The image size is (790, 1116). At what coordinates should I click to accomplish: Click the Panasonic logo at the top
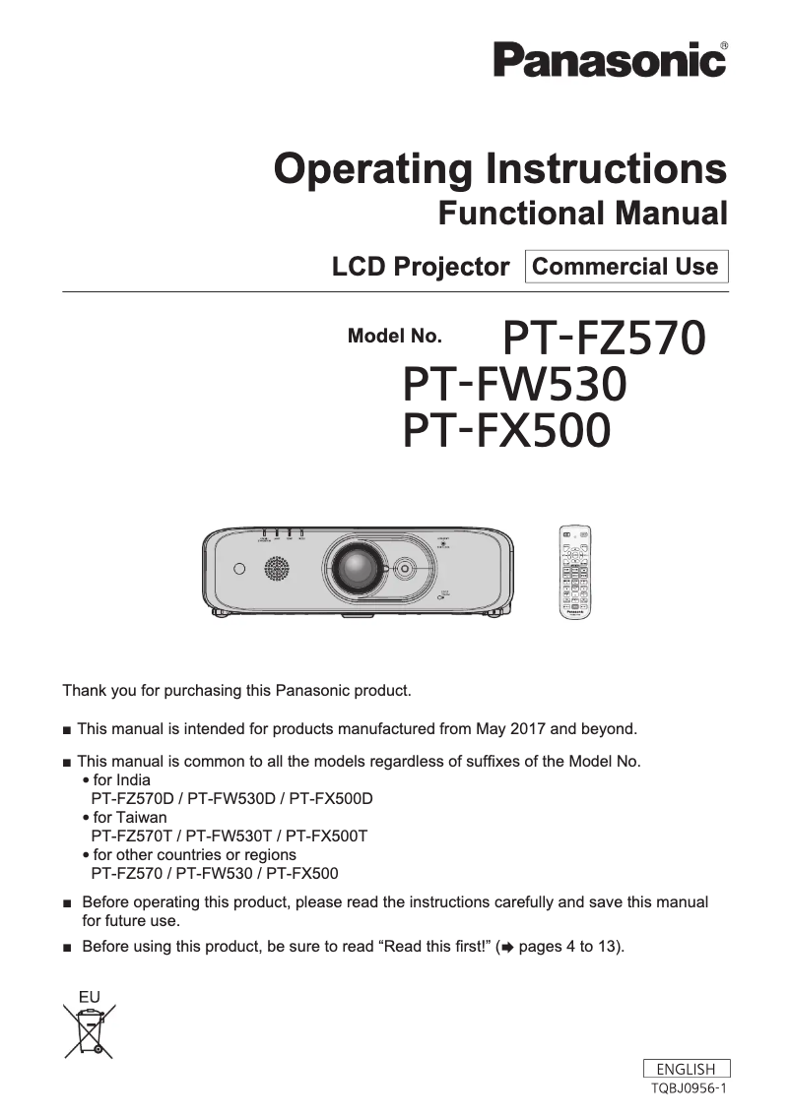click(x=610, y=60)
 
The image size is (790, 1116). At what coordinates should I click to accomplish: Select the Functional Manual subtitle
click(x=582, y=213)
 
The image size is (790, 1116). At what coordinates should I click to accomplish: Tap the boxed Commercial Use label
click(x=625, y=267)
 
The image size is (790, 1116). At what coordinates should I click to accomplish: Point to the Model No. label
click(x=395, y=337)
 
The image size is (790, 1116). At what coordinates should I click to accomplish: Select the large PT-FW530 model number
click(x=515, y=384)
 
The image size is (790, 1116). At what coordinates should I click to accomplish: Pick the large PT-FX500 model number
click(x=506, y=430)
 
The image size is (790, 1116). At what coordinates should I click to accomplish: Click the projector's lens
click(x=354, y=568)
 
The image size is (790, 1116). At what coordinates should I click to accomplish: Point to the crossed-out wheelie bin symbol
click(x=90, y=1028)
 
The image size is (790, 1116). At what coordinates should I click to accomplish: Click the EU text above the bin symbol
click(x=90, y=996)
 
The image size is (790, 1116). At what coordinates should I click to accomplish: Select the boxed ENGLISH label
click(x=686, y=1069)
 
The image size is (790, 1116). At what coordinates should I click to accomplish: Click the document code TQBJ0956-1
click(x=689, y=1087)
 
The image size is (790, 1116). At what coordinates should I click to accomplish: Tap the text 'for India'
click(x=122, y=779)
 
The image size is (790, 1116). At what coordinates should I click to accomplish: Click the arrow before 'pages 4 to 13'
click(x=507, y=948)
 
